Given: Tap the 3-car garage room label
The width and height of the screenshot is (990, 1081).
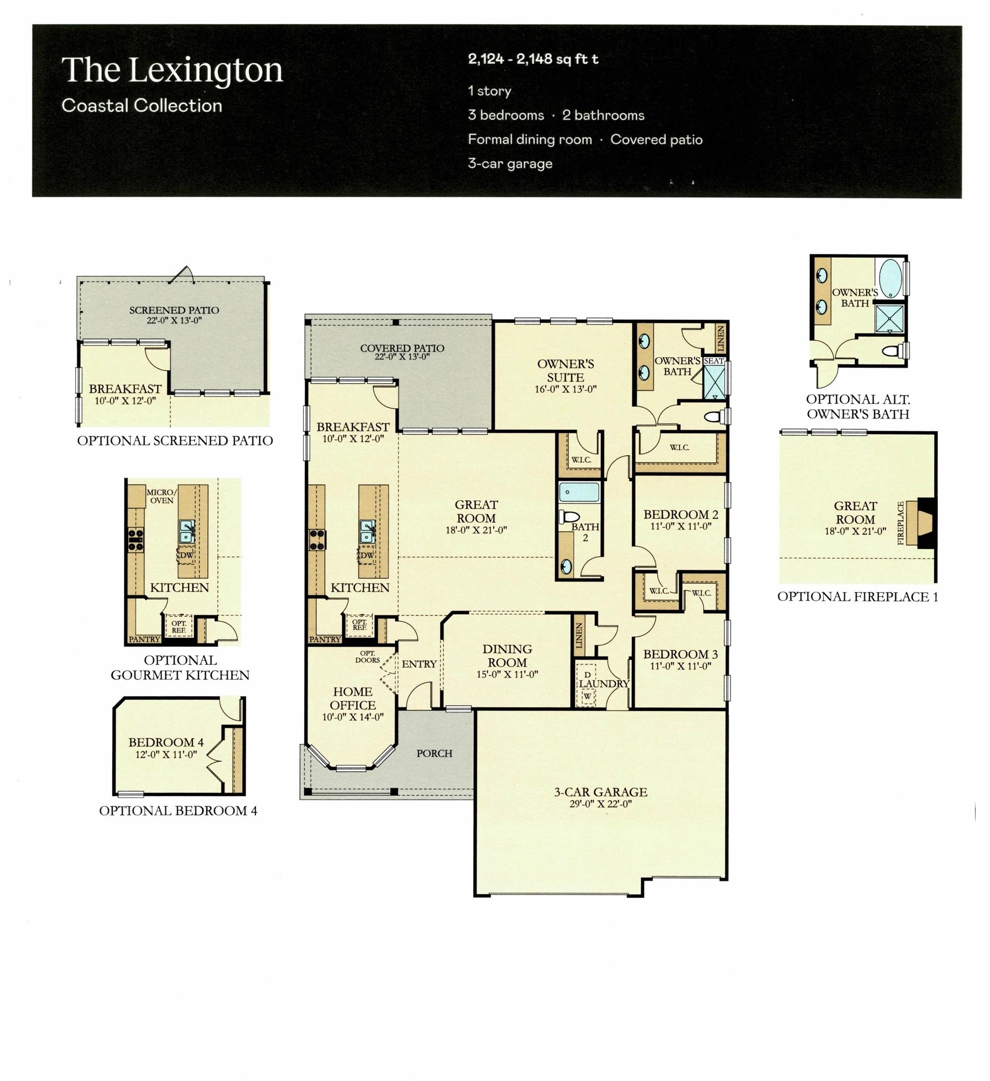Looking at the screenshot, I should (x=600, y=792).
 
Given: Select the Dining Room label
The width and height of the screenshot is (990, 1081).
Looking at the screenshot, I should (x=507, y=656).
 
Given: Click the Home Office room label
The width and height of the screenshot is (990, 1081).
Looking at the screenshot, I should (x=353, y=698).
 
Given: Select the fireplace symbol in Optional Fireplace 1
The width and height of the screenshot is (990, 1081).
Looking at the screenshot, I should (x=925, y=523).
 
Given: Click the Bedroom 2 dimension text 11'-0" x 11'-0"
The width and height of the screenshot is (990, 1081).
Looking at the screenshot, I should (x=680, y=526).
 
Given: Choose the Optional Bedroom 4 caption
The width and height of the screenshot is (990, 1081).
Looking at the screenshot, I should (x=178, y=811).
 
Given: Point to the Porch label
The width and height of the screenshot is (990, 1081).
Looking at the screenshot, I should (x=434, y=754).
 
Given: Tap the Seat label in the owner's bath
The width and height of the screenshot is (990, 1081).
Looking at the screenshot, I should (x=713, y=361).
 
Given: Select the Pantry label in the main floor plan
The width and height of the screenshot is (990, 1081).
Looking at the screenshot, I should (x=325, y=639).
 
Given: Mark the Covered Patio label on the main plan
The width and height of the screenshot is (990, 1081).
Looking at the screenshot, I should (x=402, y=348).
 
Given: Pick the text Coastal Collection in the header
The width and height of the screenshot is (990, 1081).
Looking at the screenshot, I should (x=142, y=106).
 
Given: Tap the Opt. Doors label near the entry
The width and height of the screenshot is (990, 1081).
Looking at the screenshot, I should (x=367, y=657).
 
